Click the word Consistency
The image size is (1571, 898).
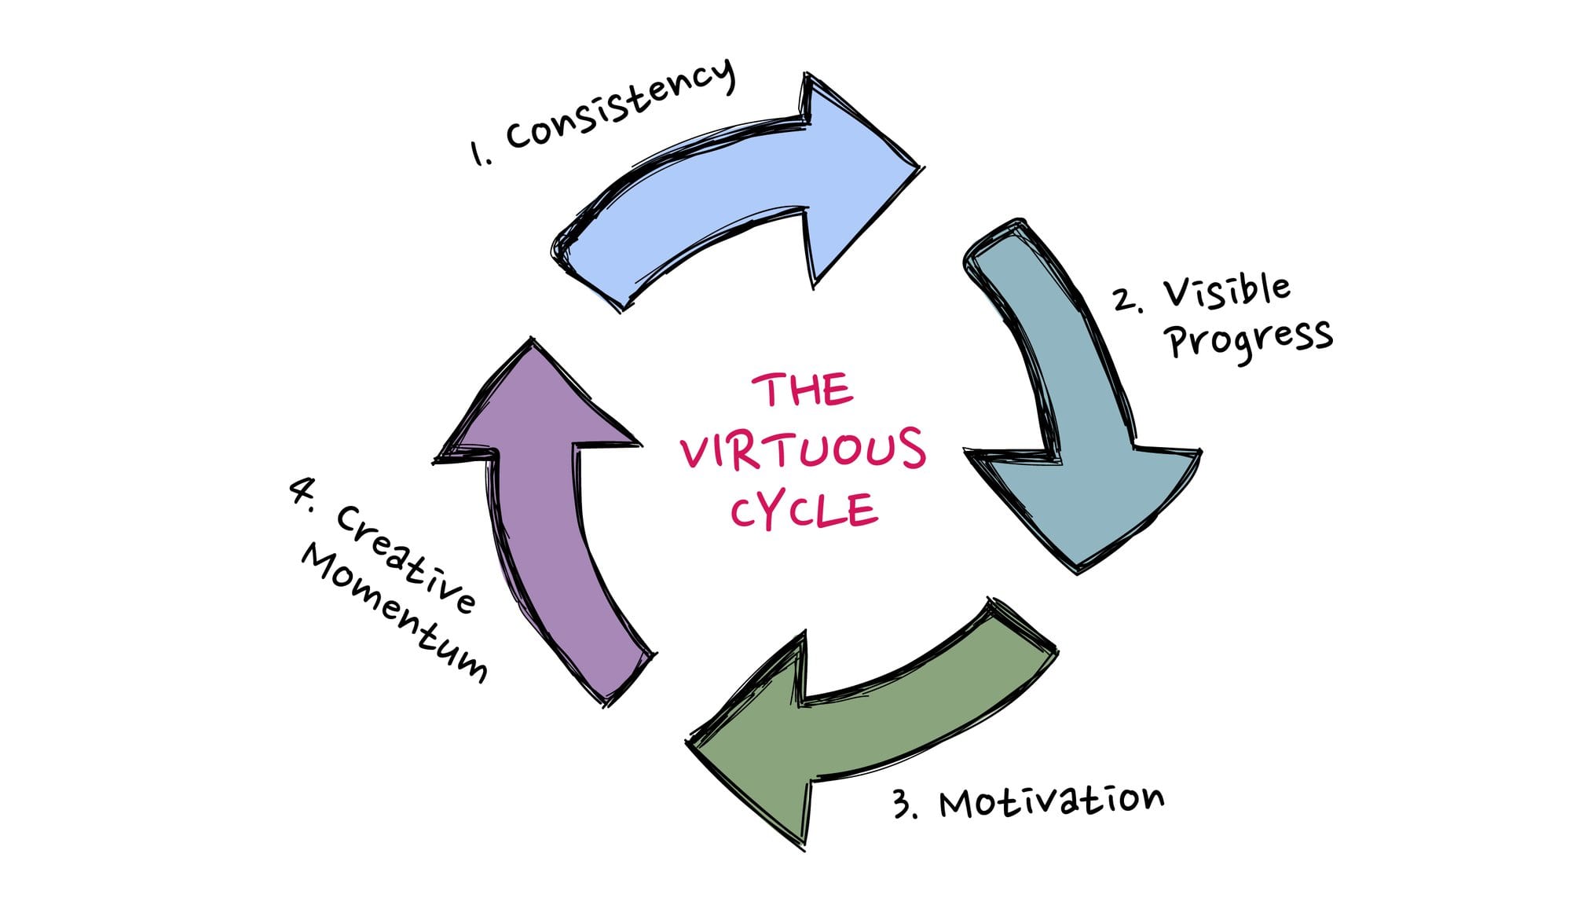621,106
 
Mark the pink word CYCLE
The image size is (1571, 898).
803,511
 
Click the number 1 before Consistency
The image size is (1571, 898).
477,153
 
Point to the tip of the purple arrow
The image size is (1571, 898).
533,341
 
